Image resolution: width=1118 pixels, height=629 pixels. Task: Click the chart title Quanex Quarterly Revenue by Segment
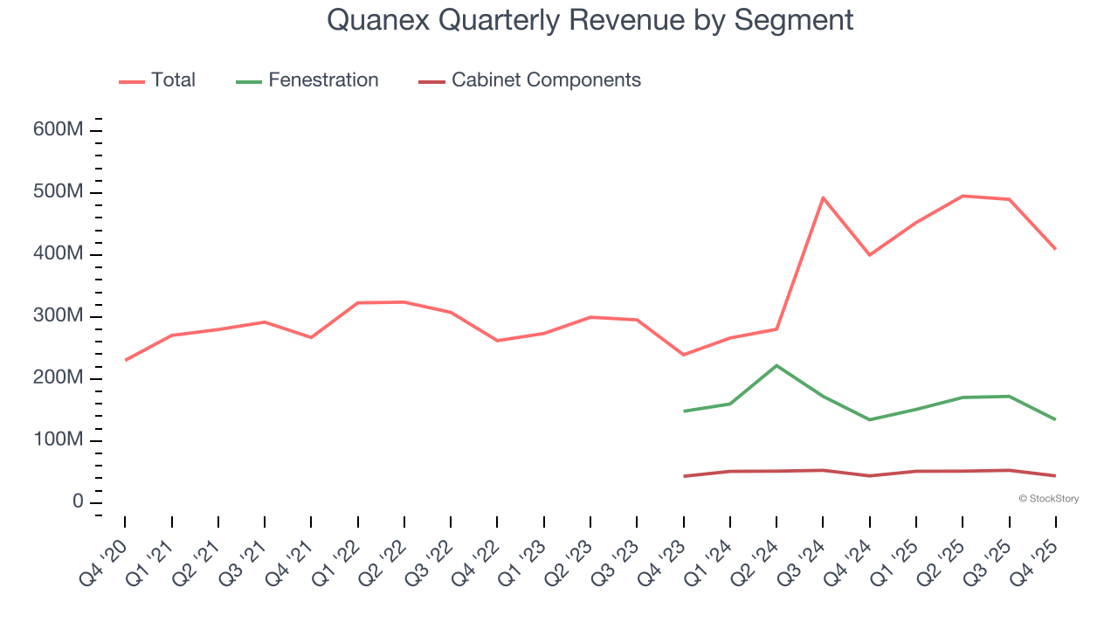point(590,20)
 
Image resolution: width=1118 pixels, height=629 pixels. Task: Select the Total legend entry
point(173,80)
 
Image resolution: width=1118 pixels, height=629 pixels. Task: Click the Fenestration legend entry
point(323,80)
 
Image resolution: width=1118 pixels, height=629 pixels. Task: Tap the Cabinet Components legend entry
point(546,80)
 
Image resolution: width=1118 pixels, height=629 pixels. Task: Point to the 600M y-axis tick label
point(58,130)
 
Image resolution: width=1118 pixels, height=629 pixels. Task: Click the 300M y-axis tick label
point(58,316)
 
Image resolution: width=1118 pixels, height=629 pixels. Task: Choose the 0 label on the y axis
point(79,502)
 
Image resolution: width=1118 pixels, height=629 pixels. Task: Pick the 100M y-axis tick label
point(58,440)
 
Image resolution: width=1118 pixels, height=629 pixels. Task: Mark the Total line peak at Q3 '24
point(823,197)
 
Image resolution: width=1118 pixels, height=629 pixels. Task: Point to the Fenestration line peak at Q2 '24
point(776,365)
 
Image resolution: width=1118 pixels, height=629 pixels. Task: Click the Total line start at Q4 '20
point(125,360)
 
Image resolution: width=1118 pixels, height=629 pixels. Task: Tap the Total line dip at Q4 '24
point(870,255)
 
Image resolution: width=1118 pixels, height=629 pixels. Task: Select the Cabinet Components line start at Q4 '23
point(684,476)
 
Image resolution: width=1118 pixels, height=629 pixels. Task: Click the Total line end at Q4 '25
point(1055,249)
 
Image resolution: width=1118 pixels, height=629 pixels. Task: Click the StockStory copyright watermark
point(1048,499)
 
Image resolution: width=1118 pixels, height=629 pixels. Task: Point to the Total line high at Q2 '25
point(963,196)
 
